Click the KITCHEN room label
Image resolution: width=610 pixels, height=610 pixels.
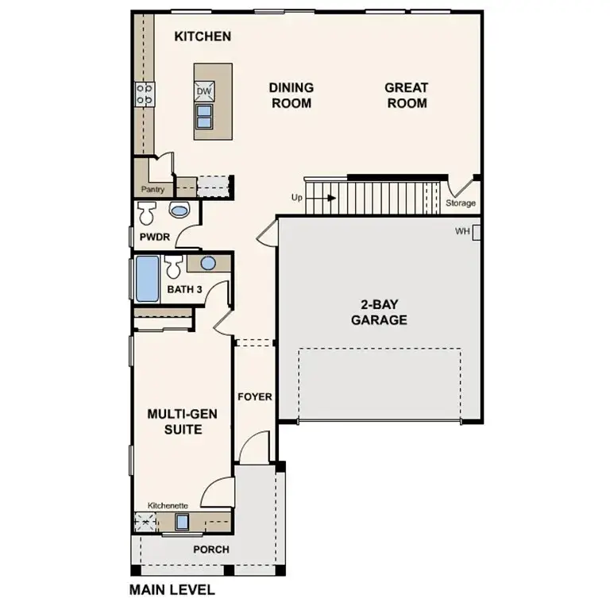pyautogui.click(x=203, y=37)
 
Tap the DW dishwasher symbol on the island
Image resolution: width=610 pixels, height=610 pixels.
pyautogui.click(x=204, y=91)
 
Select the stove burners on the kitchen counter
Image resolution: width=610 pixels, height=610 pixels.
pyautogui.click(x=145, y=95)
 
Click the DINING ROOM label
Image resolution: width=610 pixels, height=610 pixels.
pyautogui.click(x=291, y=95)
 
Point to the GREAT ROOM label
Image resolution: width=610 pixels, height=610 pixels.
pyautogui.click(x=406, y=95)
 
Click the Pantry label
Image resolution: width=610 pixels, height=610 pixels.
pyautogui.click(x=152, y=190)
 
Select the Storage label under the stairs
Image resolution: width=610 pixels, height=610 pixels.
pyautogui.click(x=460, y=203)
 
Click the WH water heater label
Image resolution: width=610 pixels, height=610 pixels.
pyautogui.click(x=462, y=232)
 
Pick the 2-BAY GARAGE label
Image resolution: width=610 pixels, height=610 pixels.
pyautogui.click(x=379, y=312)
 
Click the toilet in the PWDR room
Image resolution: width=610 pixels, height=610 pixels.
pyautogui.click(x=147, y=213)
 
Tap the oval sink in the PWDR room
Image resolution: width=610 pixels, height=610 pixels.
pyautogui.click(x=180, y=211)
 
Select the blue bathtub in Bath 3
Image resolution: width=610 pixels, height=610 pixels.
pyautogui.click(x=147, y=279)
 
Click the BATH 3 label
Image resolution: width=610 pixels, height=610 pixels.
pyautogui.click(x=185, y=289)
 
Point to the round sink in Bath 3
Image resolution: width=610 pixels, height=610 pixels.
pyautogui.click(x=208, y=264)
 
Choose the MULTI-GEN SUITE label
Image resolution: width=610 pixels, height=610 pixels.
pyautogui.click(x=183, y=422)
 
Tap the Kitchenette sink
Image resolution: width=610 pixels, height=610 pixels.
pyautogui.click(x=182, y=522)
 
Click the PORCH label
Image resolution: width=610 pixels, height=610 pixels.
pyautogui.click(x=210, y=550)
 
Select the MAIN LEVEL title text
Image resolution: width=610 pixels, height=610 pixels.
pyautogui.click(x=172, y=590)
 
